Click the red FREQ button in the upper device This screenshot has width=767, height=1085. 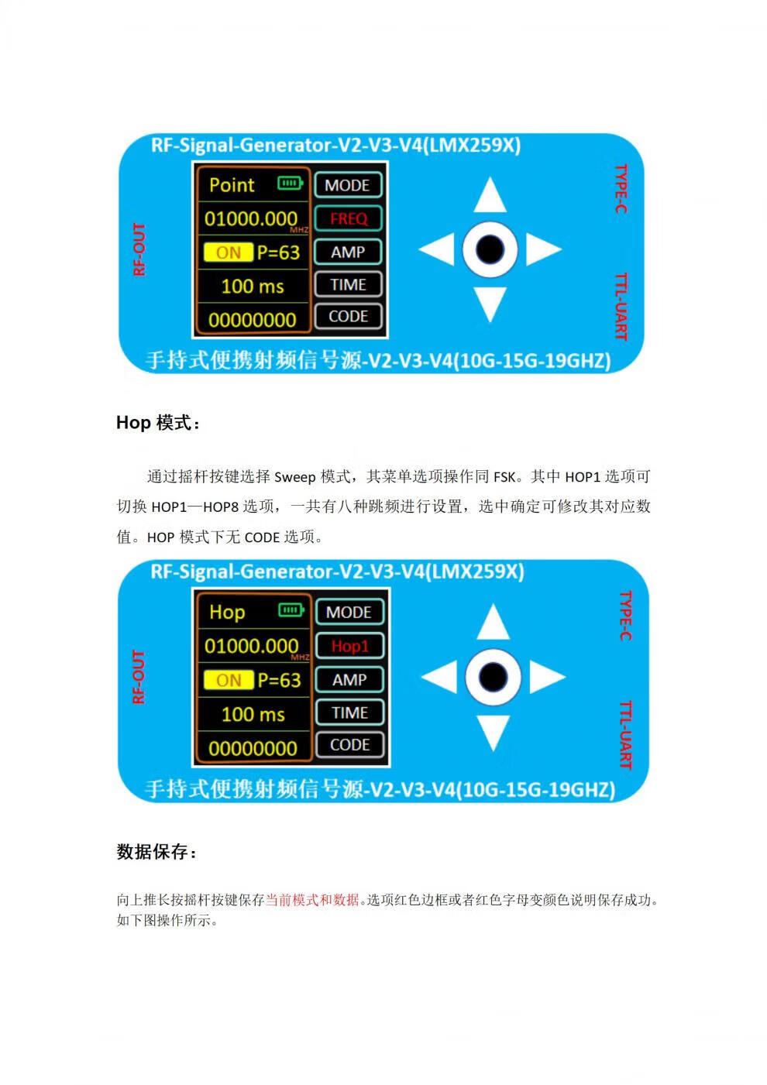348,218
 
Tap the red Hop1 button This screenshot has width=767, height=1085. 350,646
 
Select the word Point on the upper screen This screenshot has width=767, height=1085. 232,185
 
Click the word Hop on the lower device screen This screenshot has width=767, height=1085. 227,613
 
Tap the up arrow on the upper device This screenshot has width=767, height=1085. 490,196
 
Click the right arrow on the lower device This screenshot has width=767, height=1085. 546,676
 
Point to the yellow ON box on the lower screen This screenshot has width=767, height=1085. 229,680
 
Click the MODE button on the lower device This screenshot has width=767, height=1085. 349,613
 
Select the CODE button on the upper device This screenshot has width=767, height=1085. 348,316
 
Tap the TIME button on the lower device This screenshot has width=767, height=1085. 350,712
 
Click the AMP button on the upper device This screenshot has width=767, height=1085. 348,252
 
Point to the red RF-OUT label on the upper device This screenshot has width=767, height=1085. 139,249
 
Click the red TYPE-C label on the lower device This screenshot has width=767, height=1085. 626,615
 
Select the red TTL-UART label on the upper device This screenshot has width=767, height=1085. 621,306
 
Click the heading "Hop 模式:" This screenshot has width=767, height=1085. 158,423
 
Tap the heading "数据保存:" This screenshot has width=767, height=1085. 156,852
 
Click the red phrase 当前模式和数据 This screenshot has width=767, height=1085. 312,900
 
